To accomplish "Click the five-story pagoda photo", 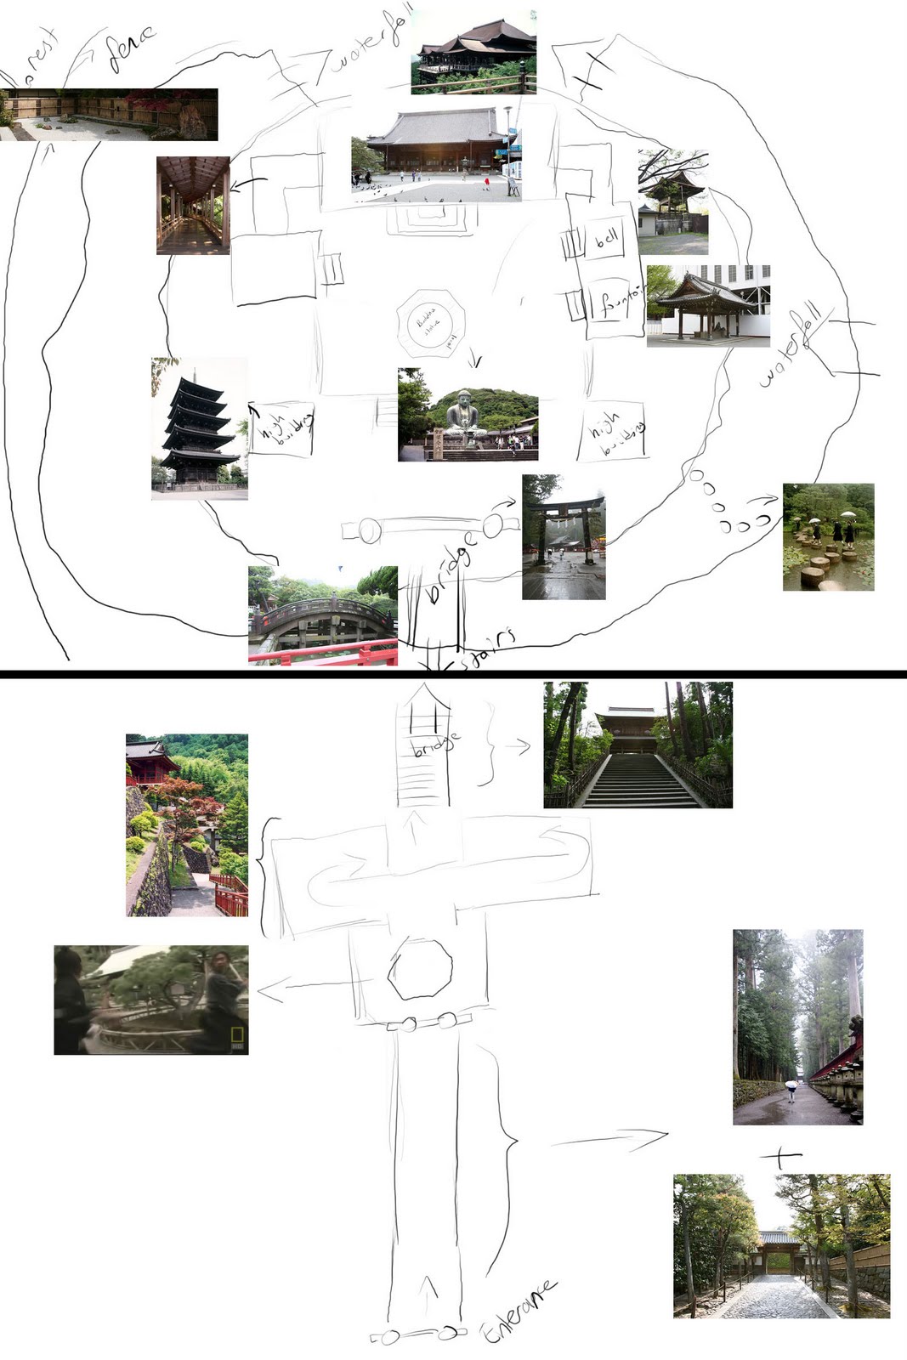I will [200, 429].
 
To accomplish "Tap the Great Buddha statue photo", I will [468, 415].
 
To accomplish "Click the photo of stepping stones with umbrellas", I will [828, 536].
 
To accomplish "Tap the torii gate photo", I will [564, 537].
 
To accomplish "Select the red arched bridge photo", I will [323, 615].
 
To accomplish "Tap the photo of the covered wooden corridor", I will [193, 205].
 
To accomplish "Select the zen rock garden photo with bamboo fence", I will [109, 114].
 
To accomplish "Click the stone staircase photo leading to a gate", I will [638, 745].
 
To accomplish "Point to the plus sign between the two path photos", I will [780, 1157].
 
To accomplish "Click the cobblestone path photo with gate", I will [781, 1246].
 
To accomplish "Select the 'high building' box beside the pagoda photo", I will [281, 429].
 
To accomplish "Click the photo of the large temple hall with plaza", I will [436, 155].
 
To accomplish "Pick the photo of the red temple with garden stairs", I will [187, 824].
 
